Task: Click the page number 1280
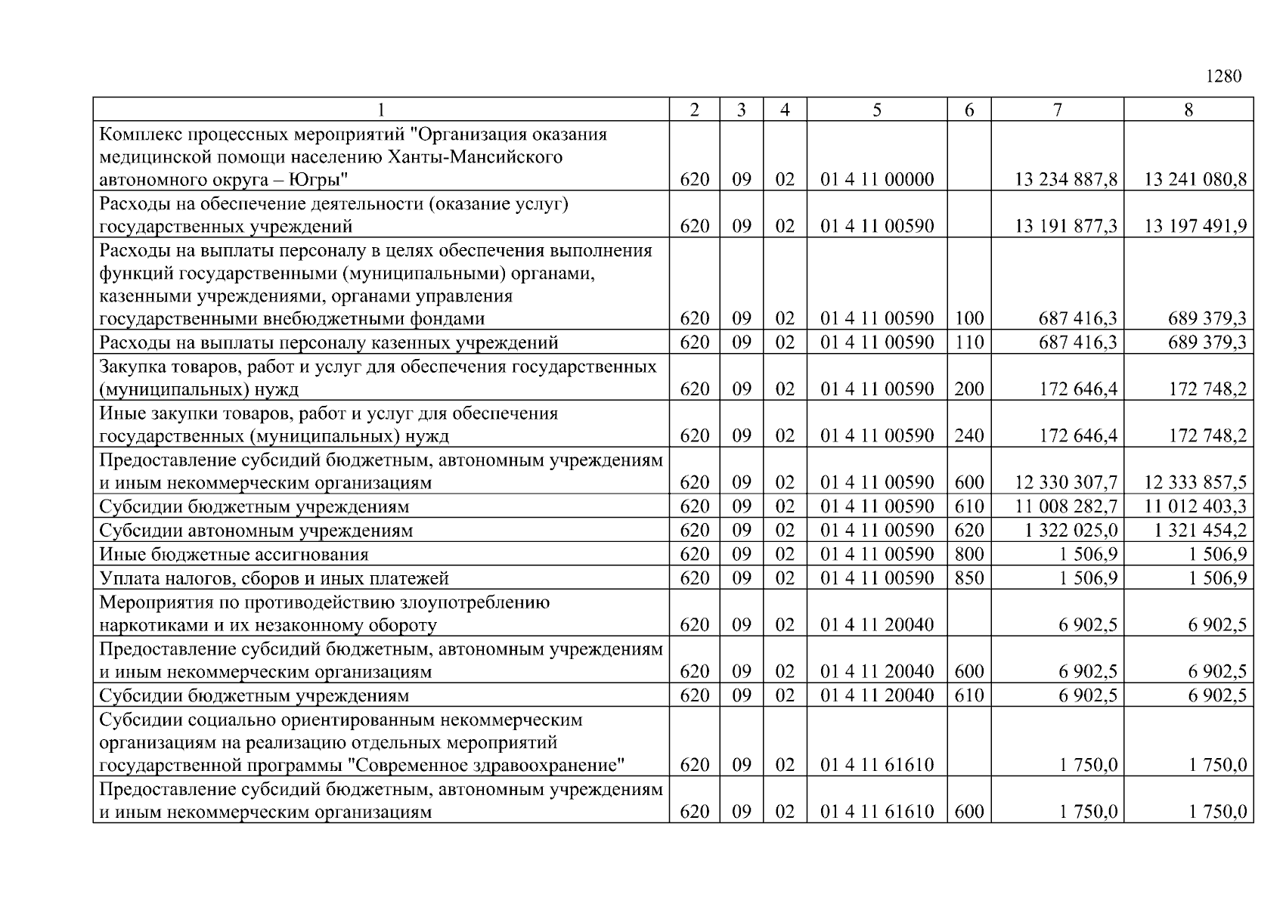coord(1223,77)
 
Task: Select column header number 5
coord(876,110)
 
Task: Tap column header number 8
coord(1188,110)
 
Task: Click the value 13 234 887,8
coord(1066,180)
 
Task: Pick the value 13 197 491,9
coord(1196,226)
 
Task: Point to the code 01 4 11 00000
coord(877,180)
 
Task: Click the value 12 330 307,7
coord(1066,482)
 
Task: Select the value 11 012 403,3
coord(1196,506)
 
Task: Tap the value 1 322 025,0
coord(1071,530)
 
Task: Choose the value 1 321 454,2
coord(1201,530)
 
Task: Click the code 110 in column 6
coord(969,343)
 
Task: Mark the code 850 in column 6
coord(969,578)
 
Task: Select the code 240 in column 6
coord(969,436)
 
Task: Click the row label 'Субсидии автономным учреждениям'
coord(256,531)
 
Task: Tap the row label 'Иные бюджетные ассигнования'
coord(234,555)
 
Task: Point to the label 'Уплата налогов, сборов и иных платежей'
coord(274,579)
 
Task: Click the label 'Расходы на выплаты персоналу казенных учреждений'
coord(329,343)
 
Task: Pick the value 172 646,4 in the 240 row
coord(1078,436)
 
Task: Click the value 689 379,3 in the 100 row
coord(1207,319)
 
